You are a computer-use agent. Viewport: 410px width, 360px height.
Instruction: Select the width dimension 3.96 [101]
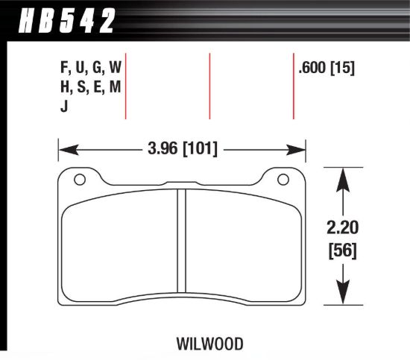coord(182,149)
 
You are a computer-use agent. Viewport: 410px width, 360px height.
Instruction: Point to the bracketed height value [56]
coord(342,251)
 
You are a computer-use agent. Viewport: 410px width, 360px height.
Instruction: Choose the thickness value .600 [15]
coord(325,69)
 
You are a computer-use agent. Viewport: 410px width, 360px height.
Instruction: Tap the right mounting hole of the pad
coord(283,180)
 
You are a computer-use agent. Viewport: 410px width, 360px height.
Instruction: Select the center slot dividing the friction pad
coord(181,241)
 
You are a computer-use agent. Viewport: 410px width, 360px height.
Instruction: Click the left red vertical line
coord(125,86)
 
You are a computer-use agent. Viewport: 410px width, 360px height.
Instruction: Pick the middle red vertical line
coord(209,86)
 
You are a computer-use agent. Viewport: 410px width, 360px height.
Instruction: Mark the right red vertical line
coord(293,86)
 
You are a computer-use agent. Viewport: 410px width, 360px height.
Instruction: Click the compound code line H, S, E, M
coord(89,88)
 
